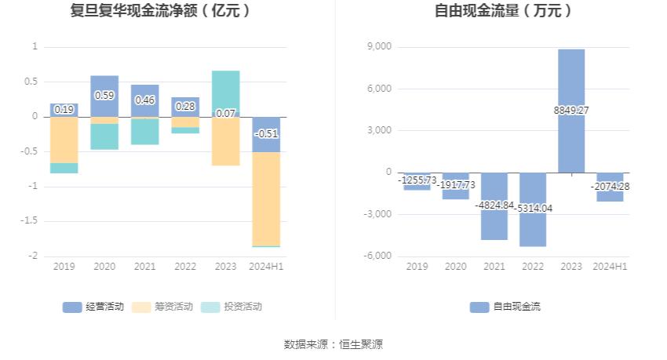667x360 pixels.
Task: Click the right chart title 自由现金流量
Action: [x=503, y=11]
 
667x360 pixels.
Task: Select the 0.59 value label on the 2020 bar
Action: [x=104, y=95]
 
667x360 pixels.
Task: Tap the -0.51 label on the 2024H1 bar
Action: [x=266, y=133]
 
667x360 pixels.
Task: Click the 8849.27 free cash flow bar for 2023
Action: [x=571, y=78]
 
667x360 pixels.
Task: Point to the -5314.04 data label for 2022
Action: [x=532, y=208]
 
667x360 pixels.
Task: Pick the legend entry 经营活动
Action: [x=93, y=307]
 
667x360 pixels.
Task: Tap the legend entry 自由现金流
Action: [x=505, y=307]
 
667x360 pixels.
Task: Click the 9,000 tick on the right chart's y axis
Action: [x=380, y=47]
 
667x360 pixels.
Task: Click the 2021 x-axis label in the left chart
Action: [x=145, y=267]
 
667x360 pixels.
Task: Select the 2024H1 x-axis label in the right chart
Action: [x=610, y=267]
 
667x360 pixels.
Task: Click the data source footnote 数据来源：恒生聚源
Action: [x=333, y=344]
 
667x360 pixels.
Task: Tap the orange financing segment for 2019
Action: [x=64, y=140]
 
